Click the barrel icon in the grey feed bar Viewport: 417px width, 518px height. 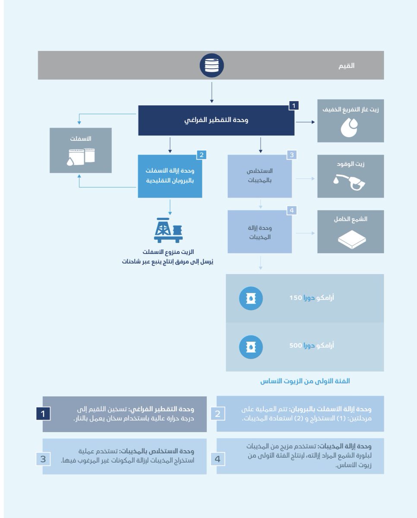[x=212, y=66]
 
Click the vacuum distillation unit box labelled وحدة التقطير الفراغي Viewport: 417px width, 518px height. [x=216, y=120]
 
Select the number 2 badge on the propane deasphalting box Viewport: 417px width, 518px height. [x=202, y=155]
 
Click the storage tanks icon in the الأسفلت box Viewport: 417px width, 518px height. [x=80, y=156]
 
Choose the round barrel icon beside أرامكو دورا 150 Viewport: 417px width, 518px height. [x=251, y=298]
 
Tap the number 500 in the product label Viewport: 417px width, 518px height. [x=295, y=346]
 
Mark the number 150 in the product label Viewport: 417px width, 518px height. [x=295, y=298]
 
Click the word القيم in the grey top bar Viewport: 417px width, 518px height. [x=347, y=66]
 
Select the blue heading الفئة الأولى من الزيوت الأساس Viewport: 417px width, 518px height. [x=305, y=381]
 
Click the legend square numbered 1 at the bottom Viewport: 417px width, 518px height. [x=42, y=414]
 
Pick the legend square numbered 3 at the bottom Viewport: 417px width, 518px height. [x=43, y=459]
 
